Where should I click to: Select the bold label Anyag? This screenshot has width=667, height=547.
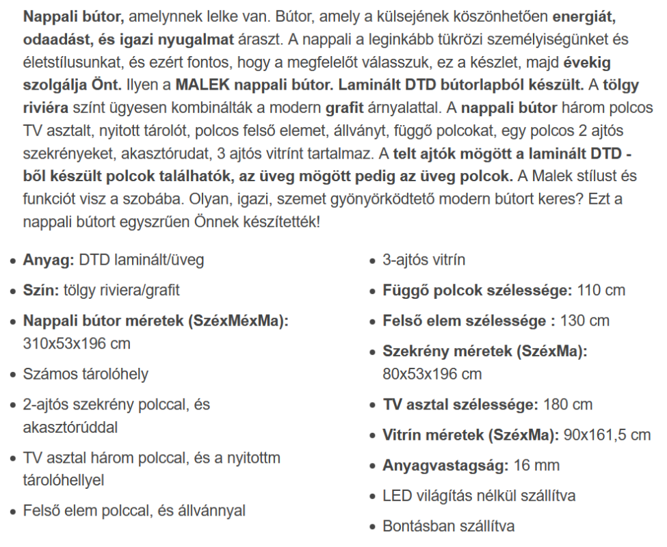point(47,261)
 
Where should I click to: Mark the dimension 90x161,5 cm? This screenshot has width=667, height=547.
point(607,434)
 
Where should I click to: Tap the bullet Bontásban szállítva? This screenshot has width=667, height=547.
point(449,526)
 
